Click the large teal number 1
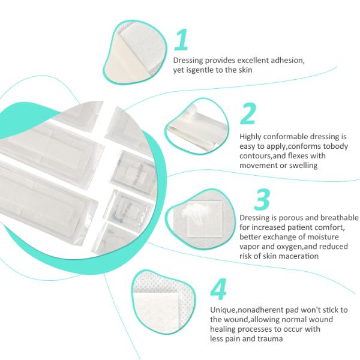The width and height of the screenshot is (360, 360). (x=182, y=39)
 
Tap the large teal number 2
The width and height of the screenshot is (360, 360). (x=248, y=113)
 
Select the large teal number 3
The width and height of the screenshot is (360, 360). (x=262, y=199)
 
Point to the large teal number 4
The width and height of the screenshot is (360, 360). (x=218, y=289)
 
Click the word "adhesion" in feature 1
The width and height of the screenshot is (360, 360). (x=287, y=61)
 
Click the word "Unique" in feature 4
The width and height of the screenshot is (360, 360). (x=223, y=310)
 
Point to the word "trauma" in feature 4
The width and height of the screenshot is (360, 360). (x=270, y=339)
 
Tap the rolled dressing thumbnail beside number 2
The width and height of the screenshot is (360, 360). (x=197, y=126)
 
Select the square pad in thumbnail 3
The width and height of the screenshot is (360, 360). (x=205, y=220)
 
